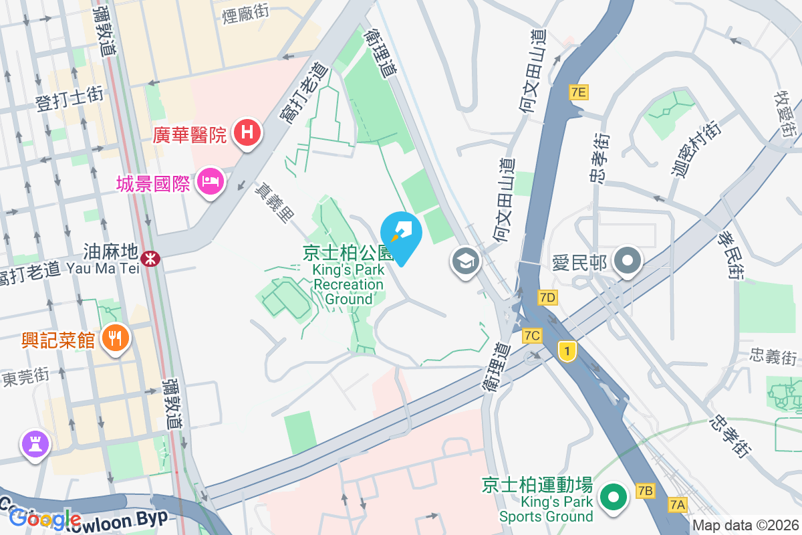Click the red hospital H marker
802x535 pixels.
pos(247,133)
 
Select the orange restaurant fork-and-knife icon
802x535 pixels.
pos(116,338)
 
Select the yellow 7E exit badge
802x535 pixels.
pos(579,92)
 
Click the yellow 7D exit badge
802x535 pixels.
pos(547,297)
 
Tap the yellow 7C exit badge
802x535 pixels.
pos(532,335)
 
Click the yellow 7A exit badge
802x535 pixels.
pos(678,505)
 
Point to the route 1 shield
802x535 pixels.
pos(567,350)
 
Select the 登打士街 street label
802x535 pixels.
pos(70,98)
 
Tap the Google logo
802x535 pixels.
pos(45,518)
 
